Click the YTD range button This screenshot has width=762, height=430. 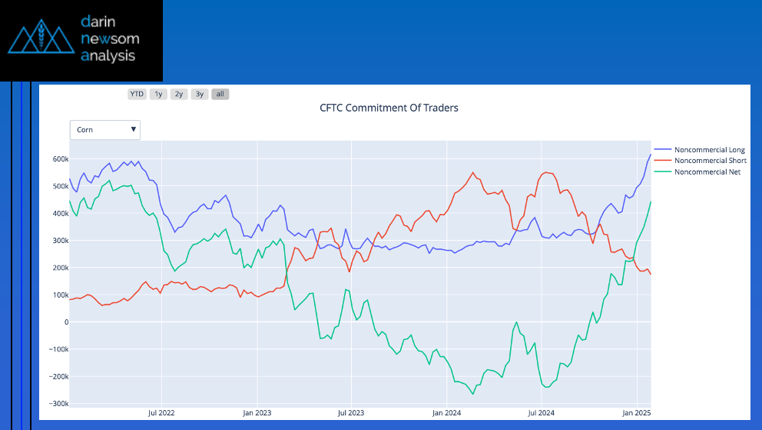pos(137,94)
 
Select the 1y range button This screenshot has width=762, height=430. pos(158,94)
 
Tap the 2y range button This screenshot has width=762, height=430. pos(179,94)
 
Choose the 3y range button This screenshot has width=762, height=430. pos(200,94)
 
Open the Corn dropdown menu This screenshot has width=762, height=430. pos(105,130)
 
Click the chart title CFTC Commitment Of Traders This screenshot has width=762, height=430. pos(389,108)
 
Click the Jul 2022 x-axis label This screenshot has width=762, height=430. pos(161,413)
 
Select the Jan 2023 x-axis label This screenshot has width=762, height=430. pos(257,413)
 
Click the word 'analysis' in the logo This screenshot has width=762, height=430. pos(108,55)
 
